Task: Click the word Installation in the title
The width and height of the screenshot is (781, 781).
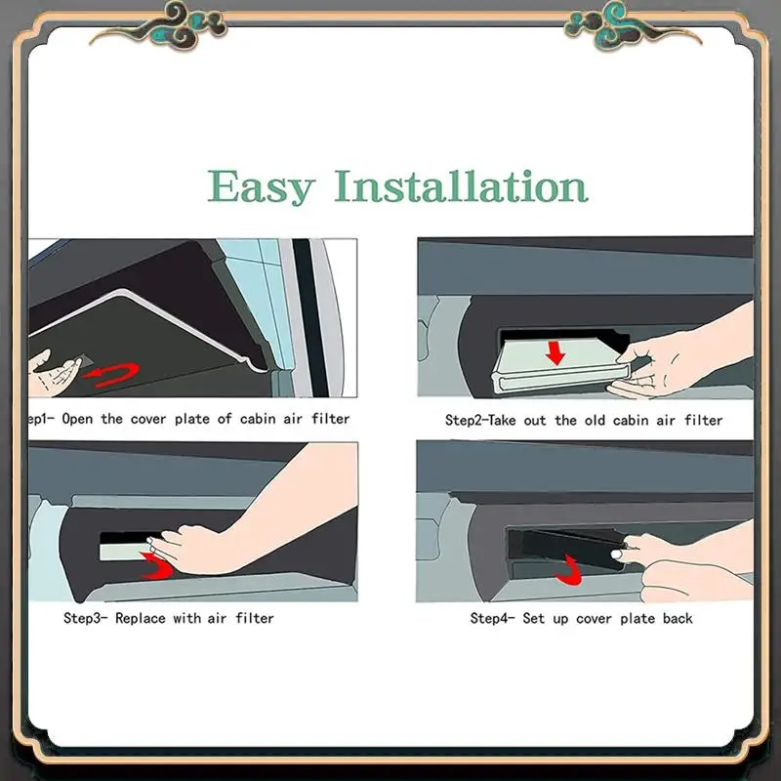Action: point(461,185)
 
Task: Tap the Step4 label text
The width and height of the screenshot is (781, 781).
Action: point(494,618)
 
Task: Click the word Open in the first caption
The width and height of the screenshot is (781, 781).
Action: point(81,419)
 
